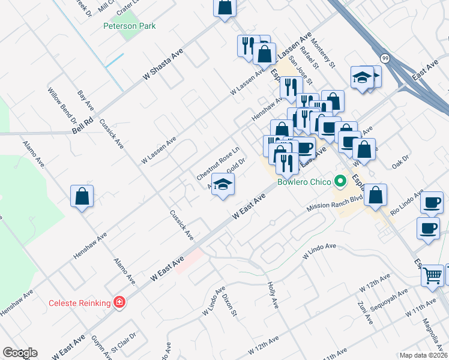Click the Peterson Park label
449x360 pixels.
129,26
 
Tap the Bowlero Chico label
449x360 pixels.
304,181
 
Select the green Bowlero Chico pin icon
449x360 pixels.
341,180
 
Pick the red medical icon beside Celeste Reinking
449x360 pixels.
120,302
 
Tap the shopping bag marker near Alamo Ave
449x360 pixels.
82,197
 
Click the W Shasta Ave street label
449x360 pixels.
163,67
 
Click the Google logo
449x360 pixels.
20,353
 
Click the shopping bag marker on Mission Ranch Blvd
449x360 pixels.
375,195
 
